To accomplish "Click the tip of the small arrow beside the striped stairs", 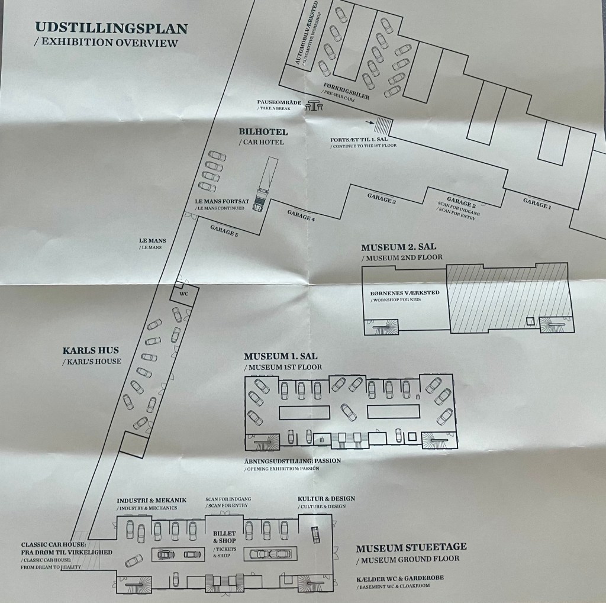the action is [x=374, y=123].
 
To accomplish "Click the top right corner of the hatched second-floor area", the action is [x=568, y=263].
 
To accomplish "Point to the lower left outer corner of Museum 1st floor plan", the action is [x=245, y=450].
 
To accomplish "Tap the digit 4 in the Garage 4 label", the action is [x=312, y=219].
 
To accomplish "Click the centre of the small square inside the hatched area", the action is [x=530, y=321].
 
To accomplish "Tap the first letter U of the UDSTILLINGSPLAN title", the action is [x=40, y=27].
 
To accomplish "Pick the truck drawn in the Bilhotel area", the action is [x=265, y=183].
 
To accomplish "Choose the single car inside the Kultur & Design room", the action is [x=316, y=534].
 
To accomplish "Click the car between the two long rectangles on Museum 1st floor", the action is [x=348, y=412].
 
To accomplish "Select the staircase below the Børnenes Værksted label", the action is [x=382, y=327].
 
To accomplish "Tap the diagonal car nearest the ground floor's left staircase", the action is [x=133, y=560].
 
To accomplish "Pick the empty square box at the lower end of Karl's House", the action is [x=134, y=445].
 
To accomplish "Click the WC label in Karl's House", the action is [x=184, y=294].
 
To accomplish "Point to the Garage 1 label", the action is [x=537, y=204].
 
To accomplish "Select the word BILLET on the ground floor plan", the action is [x=224, y=533].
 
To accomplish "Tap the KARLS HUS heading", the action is [x=91, y=350].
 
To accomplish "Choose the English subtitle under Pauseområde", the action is [x=274, y=109].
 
